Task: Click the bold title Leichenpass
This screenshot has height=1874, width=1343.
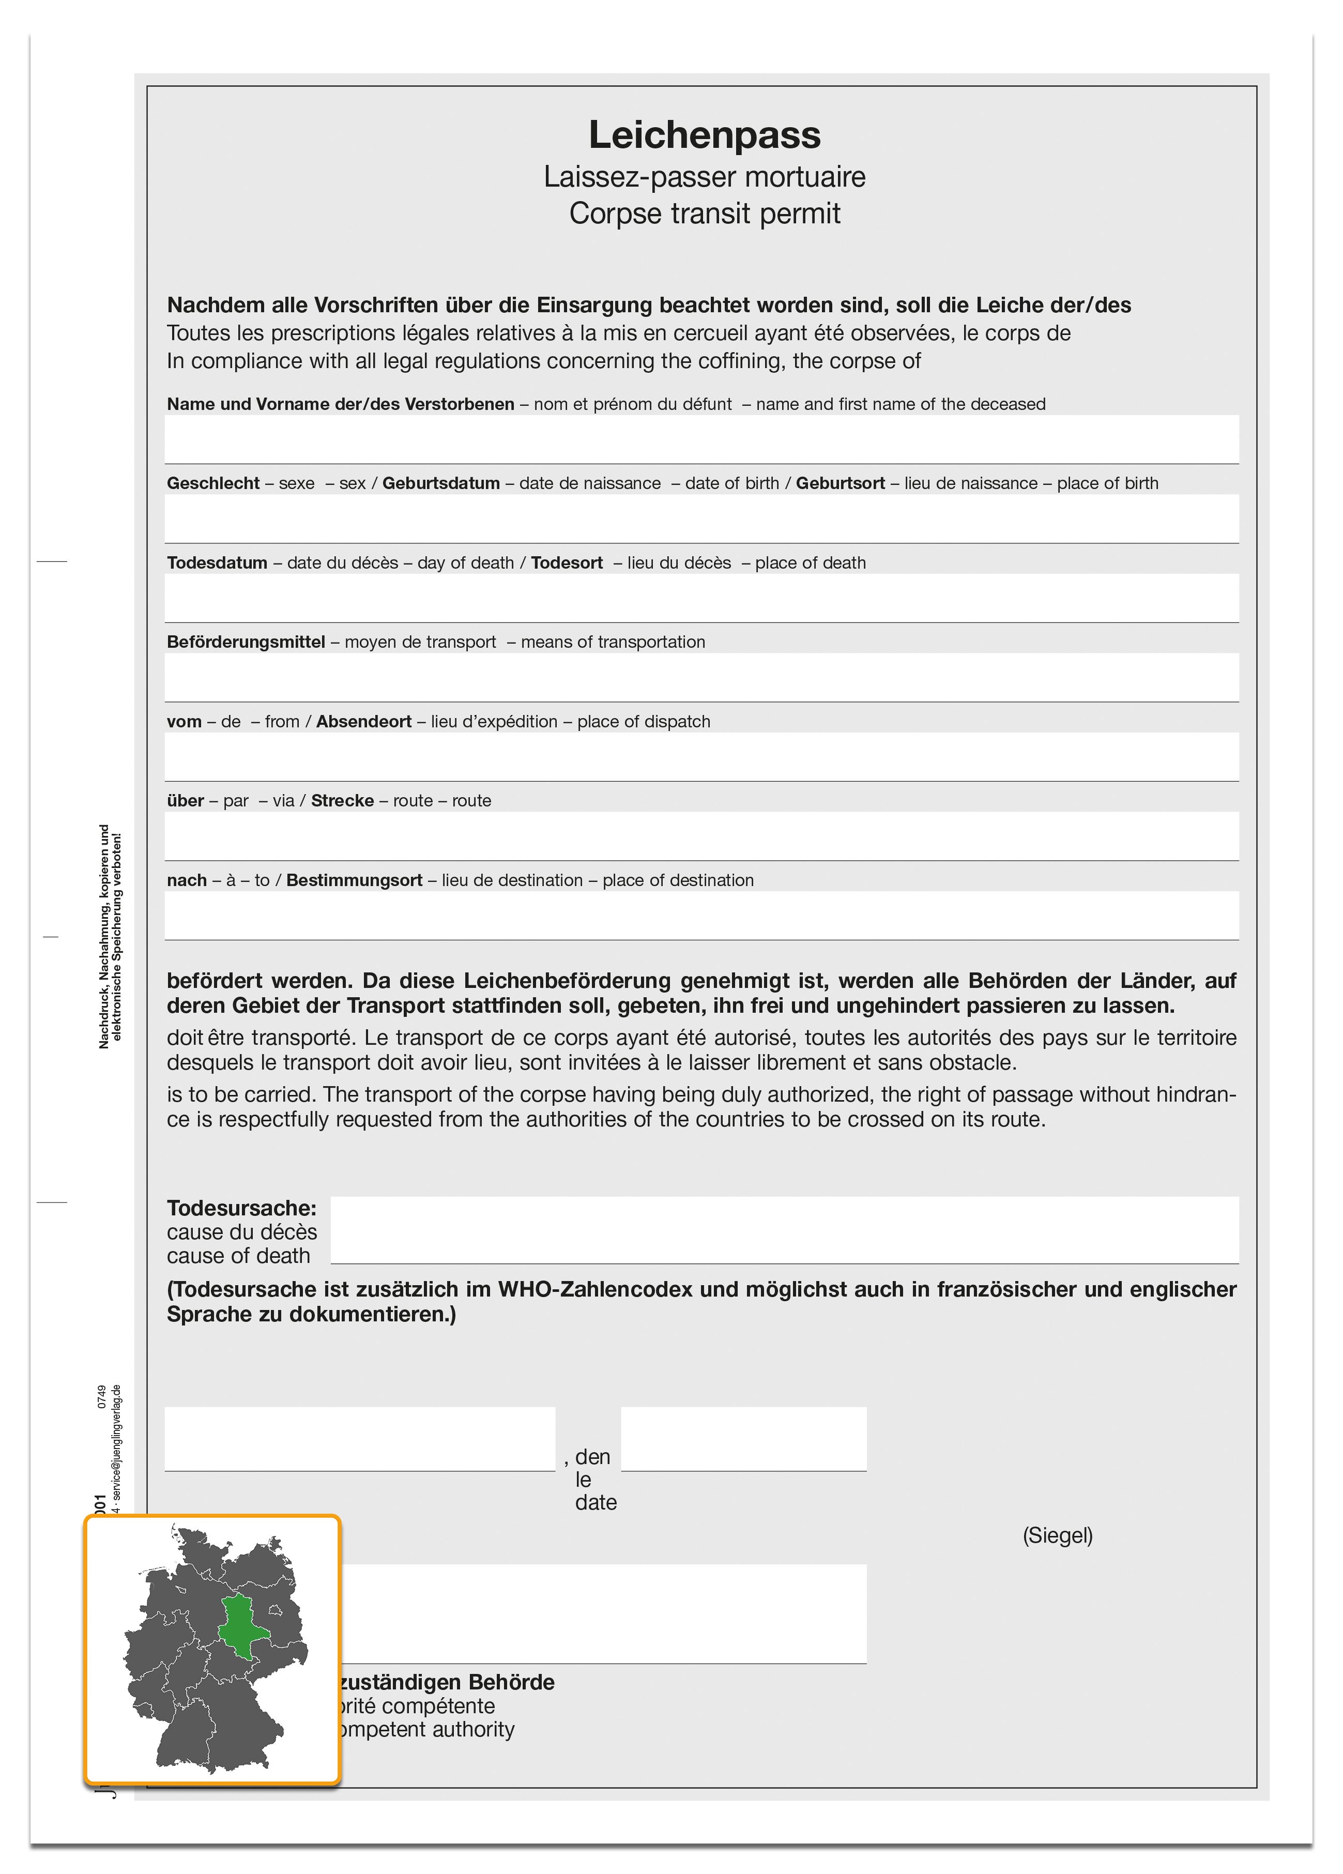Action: pos(704,135)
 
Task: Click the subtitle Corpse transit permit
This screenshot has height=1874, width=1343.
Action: pos(704,214)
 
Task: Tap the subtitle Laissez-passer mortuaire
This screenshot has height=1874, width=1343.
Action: pos(704,177)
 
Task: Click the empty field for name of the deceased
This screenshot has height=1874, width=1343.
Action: pos(701,439)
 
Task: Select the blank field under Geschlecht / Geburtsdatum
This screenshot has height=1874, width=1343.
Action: pos(701,518)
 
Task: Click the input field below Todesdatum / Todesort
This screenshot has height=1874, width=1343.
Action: pos(701,598)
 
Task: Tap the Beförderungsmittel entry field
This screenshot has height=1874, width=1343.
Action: pos(701,677)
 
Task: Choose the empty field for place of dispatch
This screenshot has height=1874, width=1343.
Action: pos(701,756)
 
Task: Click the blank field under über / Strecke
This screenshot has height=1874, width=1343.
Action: pos(701,835)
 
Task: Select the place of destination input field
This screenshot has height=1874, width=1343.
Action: pos(701,915)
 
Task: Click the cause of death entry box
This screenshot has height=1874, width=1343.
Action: pos(784,1229)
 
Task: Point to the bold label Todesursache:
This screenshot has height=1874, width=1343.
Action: pos(241,1208)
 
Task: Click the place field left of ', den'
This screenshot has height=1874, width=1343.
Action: pos(359,1439)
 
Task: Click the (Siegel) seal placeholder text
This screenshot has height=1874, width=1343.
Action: pos(1057,1535)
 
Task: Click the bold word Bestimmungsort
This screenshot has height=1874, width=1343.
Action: pos(354,880)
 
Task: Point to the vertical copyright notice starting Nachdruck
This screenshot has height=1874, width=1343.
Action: pos(110,936)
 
